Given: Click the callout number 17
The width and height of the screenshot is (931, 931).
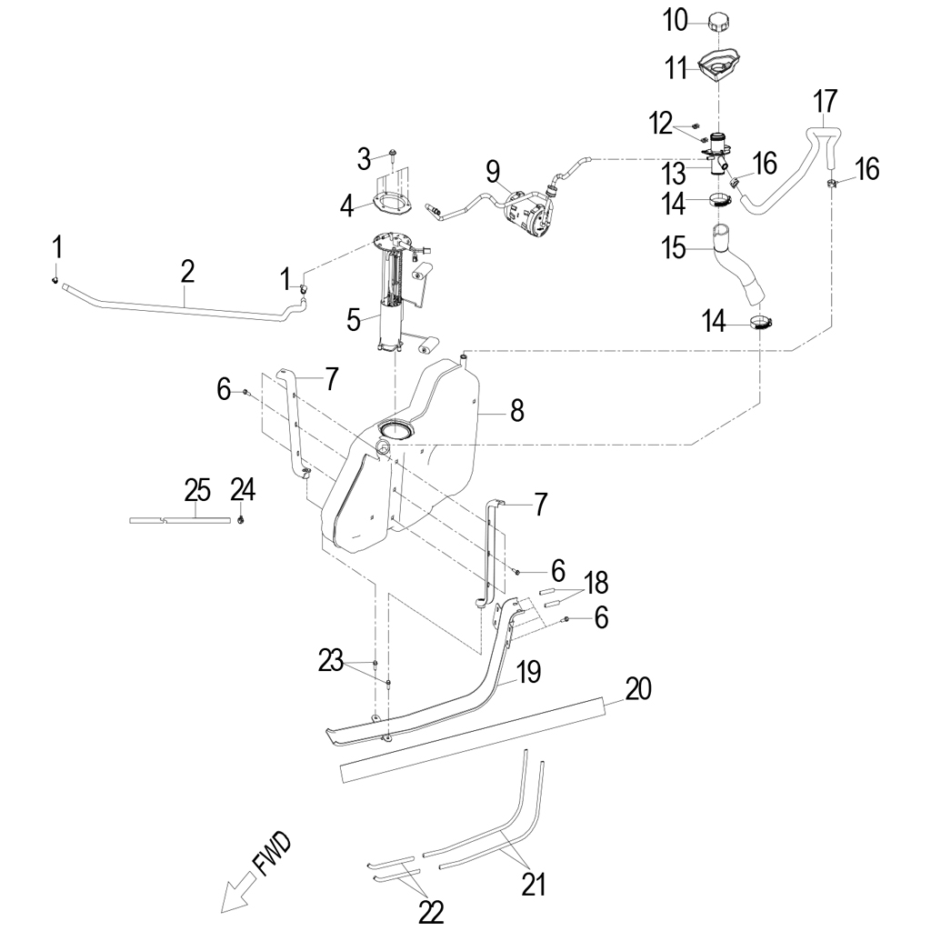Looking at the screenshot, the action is [826, 101].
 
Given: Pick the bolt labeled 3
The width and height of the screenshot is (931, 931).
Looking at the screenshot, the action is [393, 155].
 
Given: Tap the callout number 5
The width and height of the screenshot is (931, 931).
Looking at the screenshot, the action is [354, 321].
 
